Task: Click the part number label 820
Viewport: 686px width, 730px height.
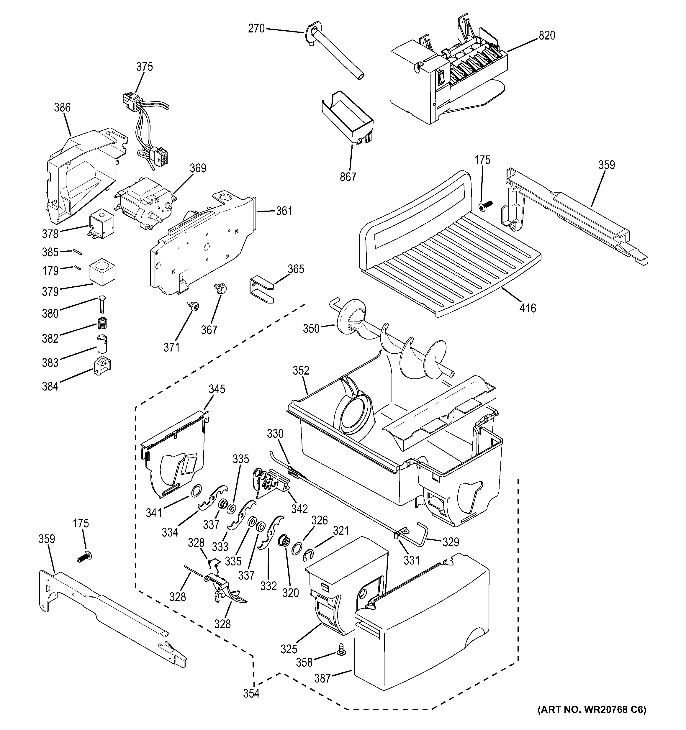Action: [x=547, y=36]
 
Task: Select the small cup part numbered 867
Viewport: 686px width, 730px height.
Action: [x=347, y=121]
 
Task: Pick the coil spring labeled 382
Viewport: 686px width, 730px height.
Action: [x=104, y=324]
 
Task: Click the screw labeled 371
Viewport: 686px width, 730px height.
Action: [x=194, y=305]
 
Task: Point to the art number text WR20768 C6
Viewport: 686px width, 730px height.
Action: [x=592, y=719]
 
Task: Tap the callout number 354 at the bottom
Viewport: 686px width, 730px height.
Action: [x=251, y=694]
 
